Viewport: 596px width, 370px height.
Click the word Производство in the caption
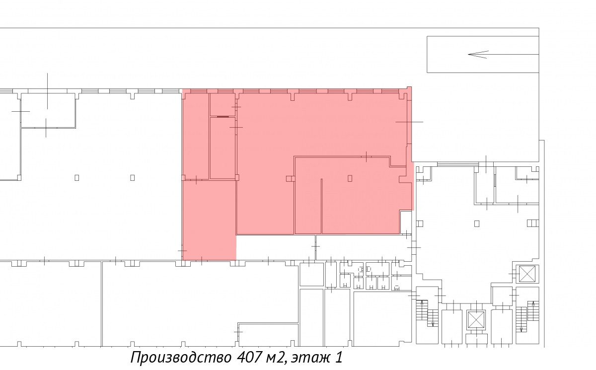pyautogui.click(x=181, y=357)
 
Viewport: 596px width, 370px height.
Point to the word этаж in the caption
pyautogui.click(x=308, y=358)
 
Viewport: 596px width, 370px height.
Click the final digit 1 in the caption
pyautogui.click(x=338, y=357)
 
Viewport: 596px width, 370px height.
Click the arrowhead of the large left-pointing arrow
pyautogui.click(x=478, y=54)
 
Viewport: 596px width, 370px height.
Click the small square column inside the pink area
pyautogui.click(x=350, y=178)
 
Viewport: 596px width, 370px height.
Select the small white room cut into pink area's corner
pyautogui.click(x=406, y=222)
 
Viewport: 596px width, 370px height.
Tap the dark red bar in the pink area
pyautogui.click(x=223, y=117)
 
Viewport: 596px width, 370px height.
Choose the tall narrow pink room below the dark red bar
pyautogui.click(x=223, y=148)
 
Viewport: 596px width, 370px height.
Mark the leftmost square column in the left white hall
pyautogui.click(x=77, y=177)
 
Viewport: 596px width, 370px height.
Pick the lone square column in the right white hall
pyautogui.click(x=477, y=223)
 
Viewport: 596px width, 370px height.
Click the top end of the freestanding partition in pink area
pyautogui.click(x=321, y=179)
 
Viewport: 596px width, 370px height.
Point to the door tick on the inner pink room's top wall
pyautogui.click(x=367, y=156)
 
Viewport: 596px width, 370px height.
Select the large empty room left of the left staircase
pyautogui.click(x=382, y=319)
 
